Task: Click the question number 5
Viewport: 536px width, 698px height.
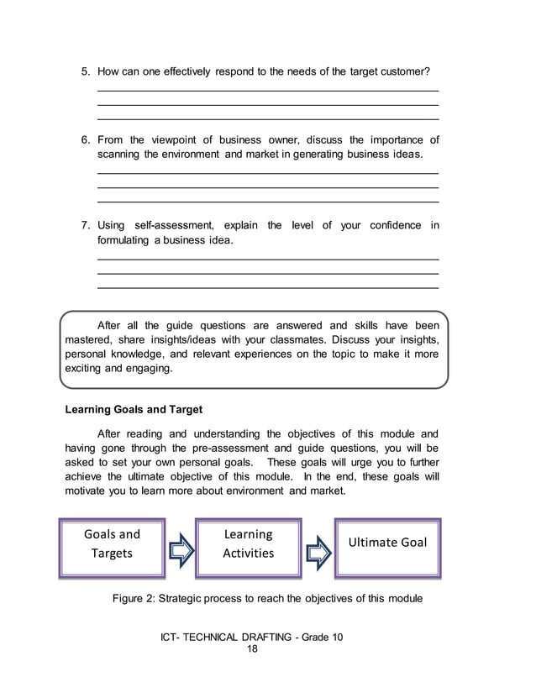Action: coord(84,72)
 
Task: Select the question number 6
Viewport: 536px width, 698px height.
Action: coord(84,140)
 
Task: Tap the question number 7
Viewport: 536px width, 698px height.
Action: coord(84,225)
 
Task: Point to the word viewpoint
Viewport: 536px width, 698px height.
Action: coord(176,140)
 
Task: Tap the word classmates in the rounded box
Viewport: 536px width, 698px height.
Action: coord(297,339)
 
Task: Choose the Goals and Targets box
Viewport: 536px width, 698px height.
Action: coord(112,544)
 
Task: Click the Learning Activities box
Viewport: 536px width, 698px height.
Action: coord(248,544)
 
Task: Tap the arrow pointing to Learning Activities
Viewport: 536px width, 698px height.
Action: coord(181,551)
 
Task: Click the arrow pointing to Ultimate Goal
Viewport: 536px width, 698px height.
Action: coord(318,551)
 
